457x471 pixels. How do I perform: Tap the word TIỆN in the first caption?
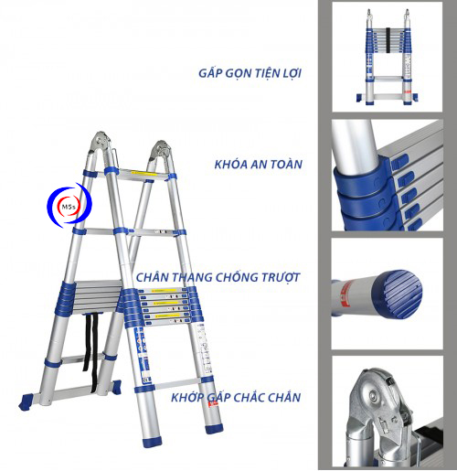pos(267,73)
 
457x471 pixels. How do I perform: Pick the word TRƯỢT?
pos(282,277)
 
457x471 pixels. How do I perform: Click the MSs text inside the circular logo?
pos(69,207)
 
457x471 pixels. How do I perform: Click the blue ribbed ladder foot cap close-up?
pos(398,294)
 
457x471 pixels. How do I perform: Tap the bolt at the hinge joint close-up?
pos(374,395)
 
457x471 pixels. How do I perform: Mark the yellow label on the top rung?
pos(144,174)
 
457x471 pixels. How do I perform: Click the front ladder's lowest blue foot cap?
pos(154,442)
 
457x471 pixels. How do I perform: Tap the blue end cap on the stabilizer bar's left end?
pos(26,401)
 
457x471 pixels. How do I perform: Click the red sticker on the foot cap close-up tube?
pos(345,294)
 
